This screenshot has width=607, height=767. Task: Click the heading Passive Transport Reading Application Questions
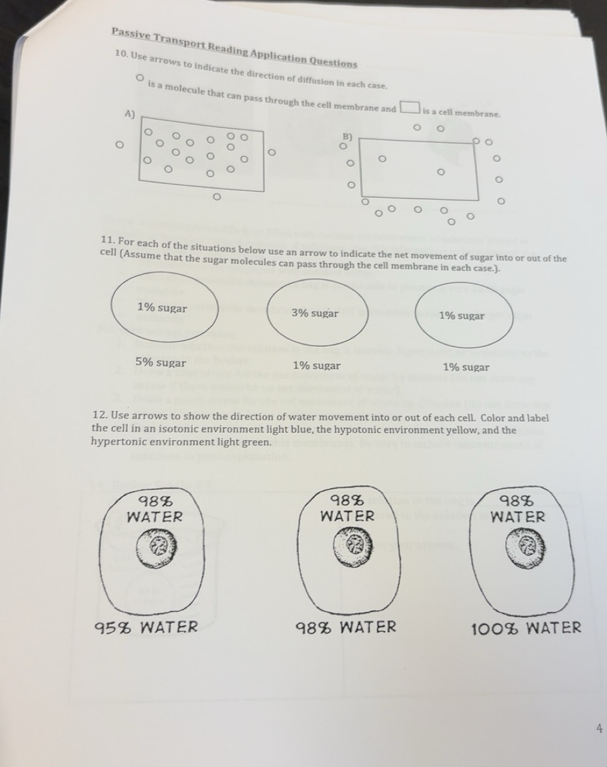(234, 47)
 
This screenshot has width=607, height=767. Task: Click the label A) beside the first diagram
(129, 113)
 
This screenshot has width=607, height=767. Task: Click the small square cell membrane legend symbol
(409, 108)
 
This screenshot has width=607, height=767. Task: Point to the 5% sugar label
(161, 363)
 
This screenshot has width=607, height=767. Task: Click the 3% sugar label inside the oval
(315, 313)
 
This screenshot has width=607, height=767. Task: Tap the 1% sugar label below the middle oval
(317, 366)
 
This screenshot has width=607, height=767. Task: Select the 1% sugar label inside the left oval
(162, 308)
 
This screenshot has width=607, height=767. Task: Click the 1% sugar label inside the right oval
(462, 315)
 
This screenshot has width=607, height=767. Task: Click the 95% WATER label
(147, 627)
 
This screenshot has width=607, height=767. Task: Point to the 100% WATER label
(526, 628)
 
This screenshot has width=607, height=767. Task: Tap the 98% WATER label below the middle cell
(347, 627)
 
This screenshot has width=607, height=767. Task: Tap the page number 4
(599, 728)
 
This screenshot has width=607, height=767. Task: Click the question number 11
(108, 241)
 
